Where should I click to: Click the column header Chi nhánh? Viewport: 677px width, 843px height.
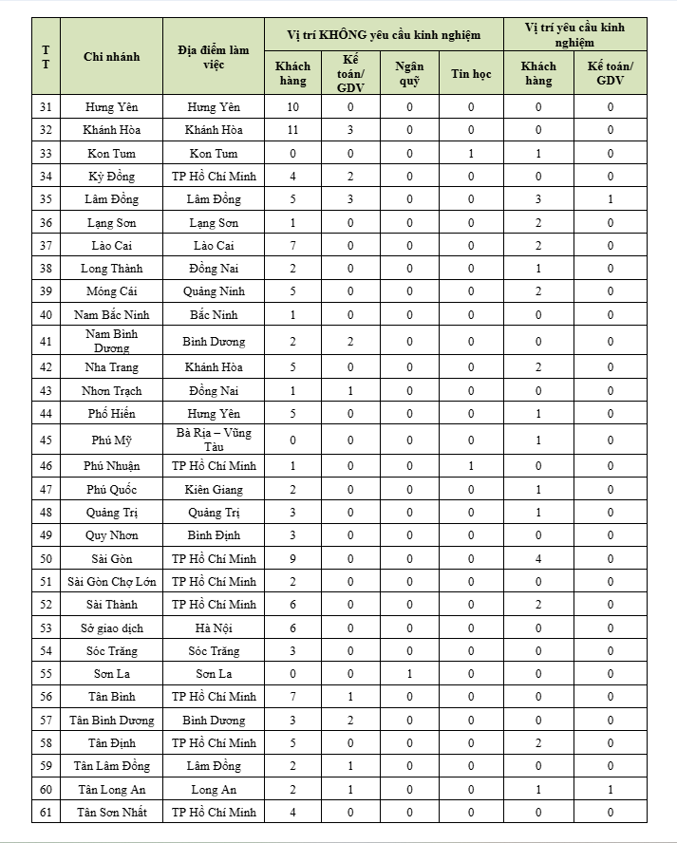click(111, 57)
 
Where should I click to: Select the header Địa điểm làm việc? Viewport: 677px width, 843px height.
click(214, 57)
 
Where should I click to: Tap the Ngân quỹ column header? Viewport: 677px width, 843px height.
click(409, 73)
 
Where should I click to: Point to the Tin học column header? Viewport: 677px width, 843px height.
click(471, 73)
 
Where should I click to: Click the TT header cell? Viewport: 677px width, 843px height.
click(46, 57)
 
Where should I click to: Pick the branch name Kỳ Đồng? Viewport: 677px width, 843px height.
click(111, 176)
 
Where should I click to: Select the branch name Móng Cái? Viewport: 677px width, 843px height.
click(111, 291)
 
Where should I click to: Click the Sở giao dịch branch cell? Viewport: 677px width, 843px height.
click(111, 628)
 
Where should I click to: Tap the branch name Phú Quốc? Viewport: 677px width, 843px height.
click(111, 489)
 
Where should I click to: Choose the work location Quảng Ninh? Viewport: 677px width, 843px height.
click(214, 291)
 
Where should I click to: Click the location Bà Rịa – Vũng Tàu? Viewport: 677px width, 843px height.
click(214, 440)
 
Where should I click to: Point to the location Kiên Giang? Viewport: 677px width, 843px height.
click(214, 489)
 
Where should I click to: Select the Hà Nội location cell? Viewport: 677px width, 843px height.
click(214, 628)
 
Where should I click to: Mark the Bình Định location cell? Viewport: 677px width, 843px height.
click(214, 535)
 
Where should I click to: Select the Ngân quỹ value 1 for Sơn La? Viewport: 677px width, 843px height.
click(409, 674)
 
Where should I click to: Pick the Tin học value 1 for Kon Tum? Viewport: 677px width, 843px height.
click(471, 153)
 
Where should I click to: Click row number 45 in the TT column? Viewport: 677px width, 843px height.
click(46, 440)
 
